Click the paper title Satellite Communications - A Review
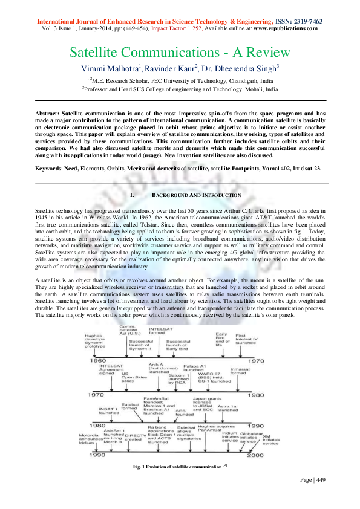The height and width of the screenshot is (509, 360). pos(180,53)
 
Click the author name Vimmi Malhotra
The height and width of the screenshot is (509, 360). pos(110,68)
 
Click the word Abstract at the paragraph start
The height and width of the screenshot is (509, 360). pos(48,113)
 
